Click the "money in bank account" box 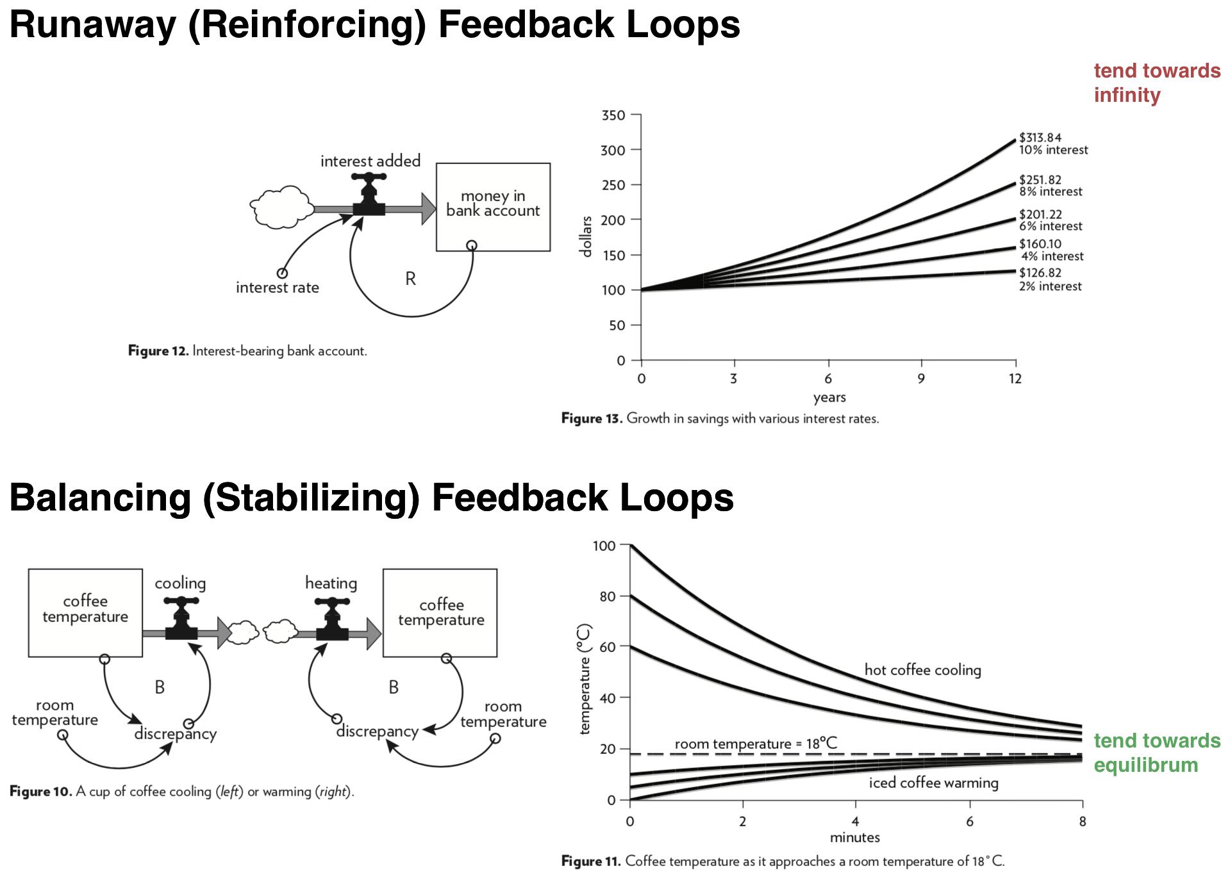coord(493,206)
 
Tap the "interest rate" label coord(277,288)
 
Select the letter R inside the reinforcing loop coord(411,279)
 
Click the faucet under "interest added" coord(369,194)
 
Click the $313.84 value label coord(1040,138)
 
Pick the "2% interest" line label coord(1050,286)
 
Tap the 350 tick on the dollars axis coord(613,115)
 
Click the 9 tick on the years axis coord(921,379)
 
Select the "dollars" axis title coord(585,237)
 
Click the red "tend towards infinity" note coord(1156,83)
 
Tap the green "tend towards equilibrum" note coord(1156,753)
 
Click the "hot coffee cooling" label coord(922,670)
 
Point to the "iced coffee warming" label coord(933,783)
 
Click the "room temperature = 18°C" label coord(756,744)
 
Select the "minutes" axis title coord(855,837)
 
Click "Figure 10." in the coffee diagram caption coord(41,792)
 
